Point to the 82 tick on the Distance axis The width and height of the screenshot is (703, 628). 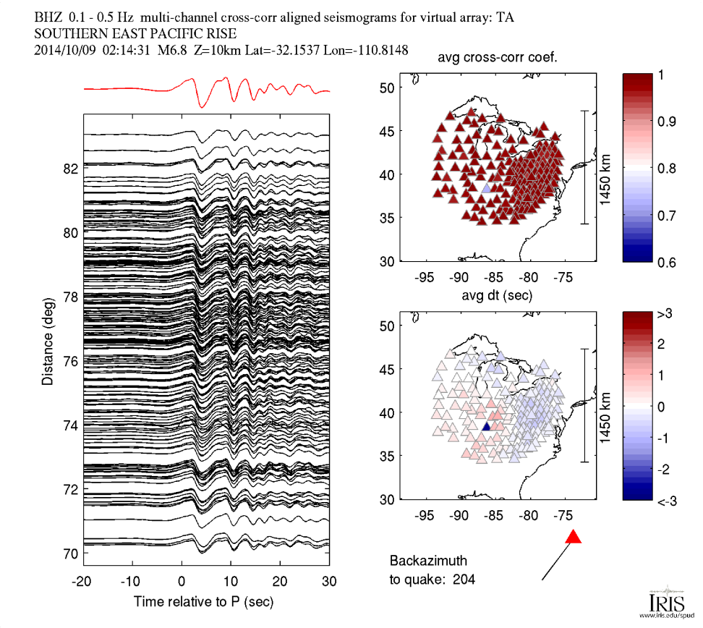[x=70, y=169]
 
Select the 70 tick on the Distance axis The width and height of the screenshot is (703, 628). [x=70, y=553]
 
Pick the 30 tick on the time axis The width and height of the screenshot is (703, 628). [x=328, y=581]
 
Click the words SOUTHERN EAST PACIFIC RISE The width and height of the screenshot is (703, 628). [x=135, y=33]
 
